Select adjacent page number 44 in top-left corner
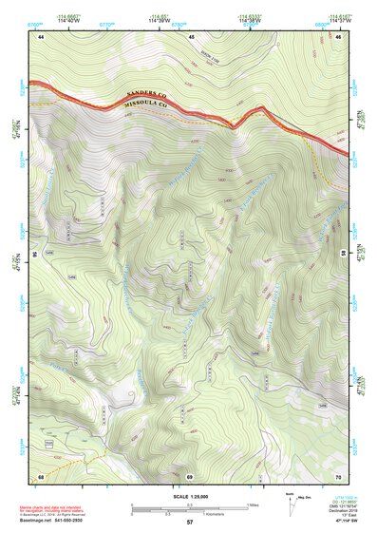(x=41, y=36)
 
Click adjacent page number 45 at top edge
(x=190, y=36)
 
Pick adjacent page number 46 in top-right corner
(x=338, y=36)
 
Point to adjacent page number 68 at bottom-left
(x=41, y=475)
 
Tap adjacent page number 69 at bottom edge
(x=190, y=475)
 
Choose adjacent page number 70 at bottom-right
(x=338, y=475)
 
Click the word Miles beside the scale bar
(x=252, y=504)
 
